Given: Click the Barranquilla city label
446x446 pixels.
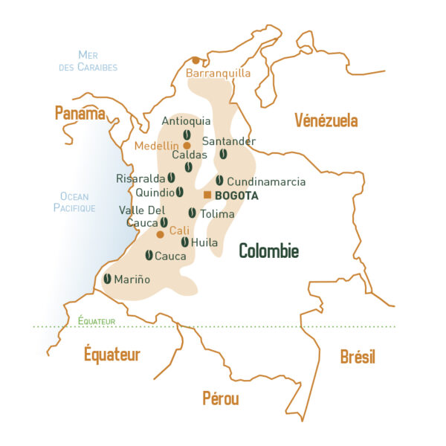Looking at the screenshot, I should pyautogui.click(x=218, y=74).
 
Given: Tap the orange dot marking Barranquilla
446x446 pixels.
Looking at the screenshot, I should pyautogui.click(x=195, y=60).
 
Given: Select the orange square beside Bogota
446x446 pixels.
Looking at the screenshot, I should pyautogui.click(x=207, y=195).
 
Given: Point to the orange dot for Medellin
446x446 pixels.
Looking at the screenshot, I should pyautogui.click(x=187, y=146).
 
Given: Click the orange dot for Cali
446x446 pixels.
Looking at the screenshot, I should pyautogui.click(x=160, y=234).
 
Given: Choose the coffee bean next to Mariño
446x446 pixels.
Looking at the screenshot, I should pyautogui.click(x=107, y=279).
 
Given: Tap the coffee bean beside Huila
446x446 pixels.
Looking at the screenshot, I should pyautogui.click(x=184, y=242).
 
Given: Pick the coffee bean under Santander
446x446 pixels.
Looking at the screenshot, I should pyautogui.click(x=223, y=154).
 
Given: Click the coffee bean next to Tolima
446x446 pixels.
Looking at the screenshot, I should pyautogui.click(x=192, y=213).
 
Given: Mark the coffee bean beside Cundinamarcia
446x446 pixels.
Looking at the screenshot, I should pyautogui.click(x=219, y=181).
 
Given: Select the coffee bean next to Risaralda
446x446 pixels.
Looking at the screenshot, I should pyautogui.click(x=171, y=178).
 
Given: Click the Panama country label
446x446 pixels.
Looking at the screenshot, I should pyautogui.click(x=80, y=113).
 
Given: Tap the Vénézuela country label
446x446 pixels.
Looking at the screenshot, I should pyautogui.click(x=326, y=120).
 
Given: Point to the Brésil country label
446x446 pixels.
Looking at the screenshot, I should pyautogui.click(x=358, y=357).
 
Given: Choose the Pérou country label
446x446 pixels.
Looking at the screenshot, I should pyautogui.click(x=221, y=398).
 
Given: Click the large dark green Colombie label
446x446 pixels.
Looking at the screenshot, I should pyautogui.click(x=268, y=251).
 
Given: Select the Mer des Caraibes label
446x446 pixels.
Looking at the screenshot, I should pyautogui.click(x=88, y=61).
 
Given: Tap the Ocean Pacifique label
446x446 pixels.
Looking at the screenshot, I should pyautogui.click(x=74, y=202).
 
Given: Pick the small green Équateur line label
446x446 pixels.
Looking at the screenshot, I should pyautogui.click(x=97, y=320).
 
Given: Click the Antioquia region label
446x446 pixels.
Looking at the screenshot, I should pyautogui.click(x=186, y=121).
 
